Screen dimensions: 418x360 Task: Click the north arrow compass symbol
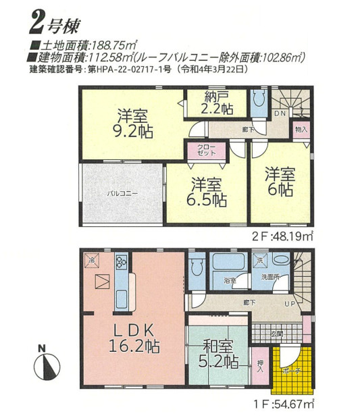coord(44,365)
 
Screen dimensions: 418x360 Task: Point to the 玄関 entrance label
coord(278,334)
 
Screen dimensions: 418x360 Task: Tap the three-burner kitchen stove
coord(122,263)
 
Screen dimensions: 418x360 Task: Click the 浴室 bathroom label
coord(230,280)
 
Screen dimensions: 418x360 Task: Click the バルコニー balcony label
coord(122,194)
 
